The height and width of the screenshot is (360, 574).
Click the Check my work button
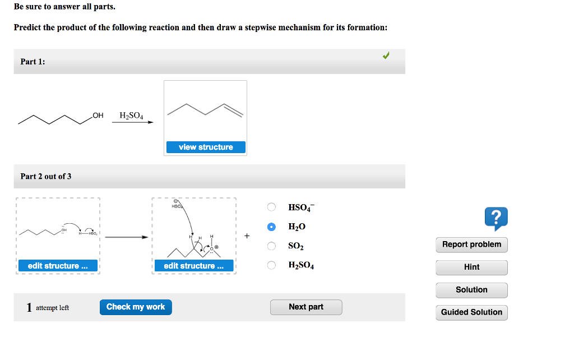click(x=136, y=307)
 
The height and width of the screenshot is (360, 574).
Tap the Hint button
click(x=471, y=267)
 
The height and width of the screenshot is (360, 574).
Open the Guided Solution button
click(x=471, y=312)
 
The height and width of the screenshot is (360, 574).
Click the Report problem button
click(x=471, y=244)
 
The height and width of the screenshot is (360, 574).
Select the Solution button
click(x=471, y=290)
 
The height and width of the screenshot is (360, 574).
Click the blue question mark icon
click(x=497, y=218)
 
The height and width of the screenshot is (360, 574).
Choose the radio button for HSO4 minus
click(x=271, y=207)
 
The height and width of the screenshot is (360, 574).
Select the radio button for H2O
click(x=271, y=227)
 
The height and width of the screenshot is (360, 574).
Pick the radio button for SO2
click(x=271, y=246)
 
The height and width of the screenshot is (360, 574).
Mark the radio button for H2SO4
click(x=271, y=265)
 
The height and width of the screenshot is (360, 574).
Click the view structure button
click(x=206, y=147)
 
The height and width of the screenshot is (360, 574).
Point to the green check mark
click(x=386, y=56)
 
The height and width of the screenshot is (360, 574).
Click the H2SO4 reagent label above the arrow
click(x=131, y=116)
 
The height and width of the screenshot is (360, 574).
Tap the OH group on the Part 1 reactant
click(x=98, y=116)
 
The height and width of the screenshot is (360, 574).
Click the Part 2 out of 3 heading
click(x=46, y=177)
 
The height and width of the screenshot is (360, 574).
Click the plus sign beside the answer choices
click(x=247, y=236)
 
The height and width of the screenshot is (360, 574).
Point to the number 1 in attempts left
click(x=29, y=307)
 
